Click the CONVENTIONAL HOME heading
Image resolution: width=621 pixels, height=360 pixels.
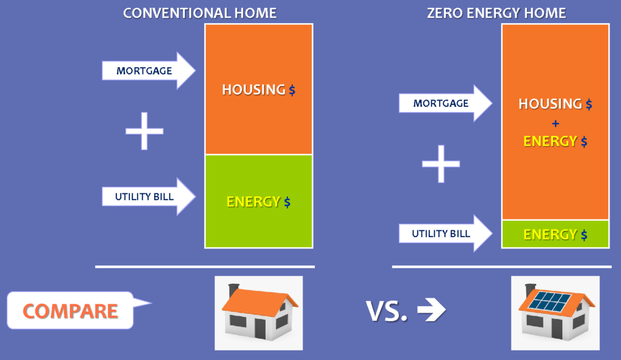200,13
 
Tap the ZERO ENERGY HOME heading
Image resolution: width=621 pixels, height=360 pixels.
496,13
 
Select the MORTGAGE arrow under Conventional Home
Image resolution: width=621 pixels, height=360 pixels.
149,70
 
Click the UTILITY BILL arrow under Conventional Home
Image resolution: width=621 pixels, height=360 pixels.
149,196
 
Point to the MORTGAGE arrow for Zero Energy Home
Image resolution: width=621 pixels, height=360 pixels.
445,103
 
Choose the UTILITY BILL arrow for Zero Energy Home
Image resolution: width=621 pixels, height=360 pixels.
445,233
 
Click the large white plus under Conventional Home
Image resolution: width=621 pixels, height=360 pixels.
144,131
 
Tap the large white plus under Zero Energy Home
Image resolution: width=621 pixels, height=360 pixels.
441,164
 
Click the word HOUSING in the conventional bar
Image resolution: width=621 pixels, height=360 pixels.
253,90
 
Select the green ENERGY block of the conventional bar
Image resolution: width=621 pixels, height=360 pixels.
258,201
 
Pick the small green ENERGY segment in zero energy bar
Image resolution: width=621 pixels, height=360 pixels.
556,234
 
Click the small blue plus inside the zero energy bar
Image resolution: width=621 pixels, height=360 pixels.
556,124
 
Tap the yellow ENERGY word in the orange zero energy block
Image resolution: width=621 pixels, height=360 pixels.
550,141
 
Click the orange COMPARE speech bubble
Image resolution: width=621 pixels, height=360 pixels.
73,310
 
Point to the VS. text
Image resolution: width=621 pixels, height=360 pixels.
386,311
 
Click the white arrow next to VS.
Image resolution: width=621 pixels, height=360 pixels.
431,310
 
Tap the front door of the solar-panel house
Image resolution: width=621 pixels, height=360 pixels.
557,328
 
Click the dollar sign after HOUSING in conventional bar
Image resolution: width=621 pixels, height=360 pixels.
292,90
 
